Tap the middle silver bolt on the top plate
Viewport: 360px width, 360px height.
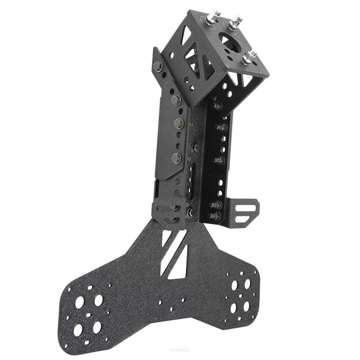(234, 24)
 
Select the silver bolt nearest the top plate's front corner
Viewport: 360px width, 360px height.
(250, 58)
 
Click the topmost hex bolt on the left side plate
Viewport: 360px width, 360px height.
(158, 66)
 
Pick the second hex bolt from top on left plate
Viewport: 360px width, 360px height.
(176, 100)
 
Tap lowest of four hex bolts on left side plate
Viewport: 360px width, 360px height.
(176, 157)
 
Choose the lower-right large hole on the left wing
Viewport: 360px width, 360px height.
(97, 327)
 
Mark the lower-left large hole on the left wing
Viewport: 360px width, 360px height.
(78, 330)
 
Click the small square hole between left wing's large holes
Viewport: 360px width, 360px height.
(88, 314)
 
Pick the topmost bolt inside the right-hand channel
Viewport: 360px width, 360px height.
(217, 106)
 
